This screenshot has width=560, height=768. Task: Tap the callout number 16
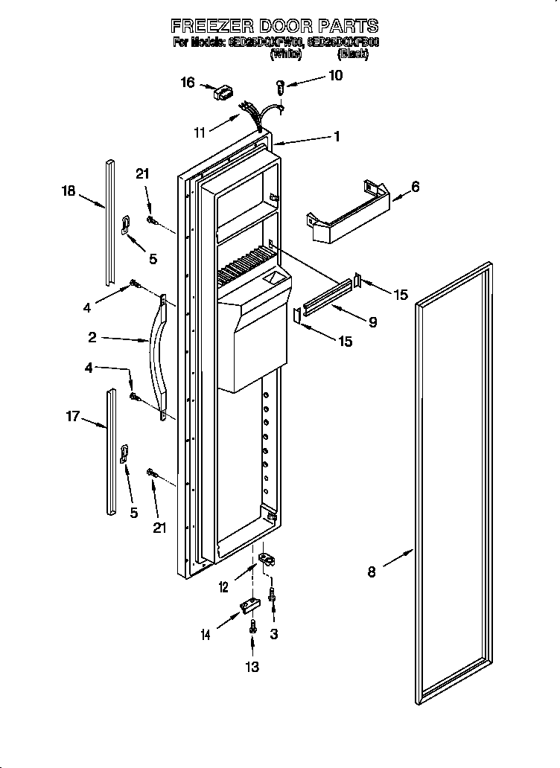point(187,82)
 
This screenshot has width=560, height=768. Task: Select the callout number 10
point(335,75)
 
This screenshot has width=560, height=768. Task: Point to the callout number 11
point(200,132)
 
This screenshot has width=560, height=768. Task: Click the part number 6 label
point(415,188)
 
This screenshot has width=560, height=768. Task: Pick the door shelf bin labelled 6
point(349,214)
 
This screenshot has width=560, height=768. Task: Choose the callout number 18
point(69,191)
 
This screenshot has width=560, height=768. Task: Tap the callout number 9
point(372,321)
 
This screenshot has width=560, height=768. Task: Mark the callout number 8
point(372,572)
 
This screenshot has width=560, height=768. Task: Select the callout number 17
point(72,416)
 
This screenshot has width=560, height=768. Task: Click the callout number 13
point(252,668)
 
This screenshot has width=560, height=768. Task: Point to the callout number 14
point(206,634)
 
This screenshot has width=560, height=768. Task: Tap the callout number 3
point(274,633)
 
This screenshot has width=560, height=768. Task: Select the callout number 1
point(337,136)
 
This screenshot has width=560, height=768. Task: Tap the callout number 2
point(92,337)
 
